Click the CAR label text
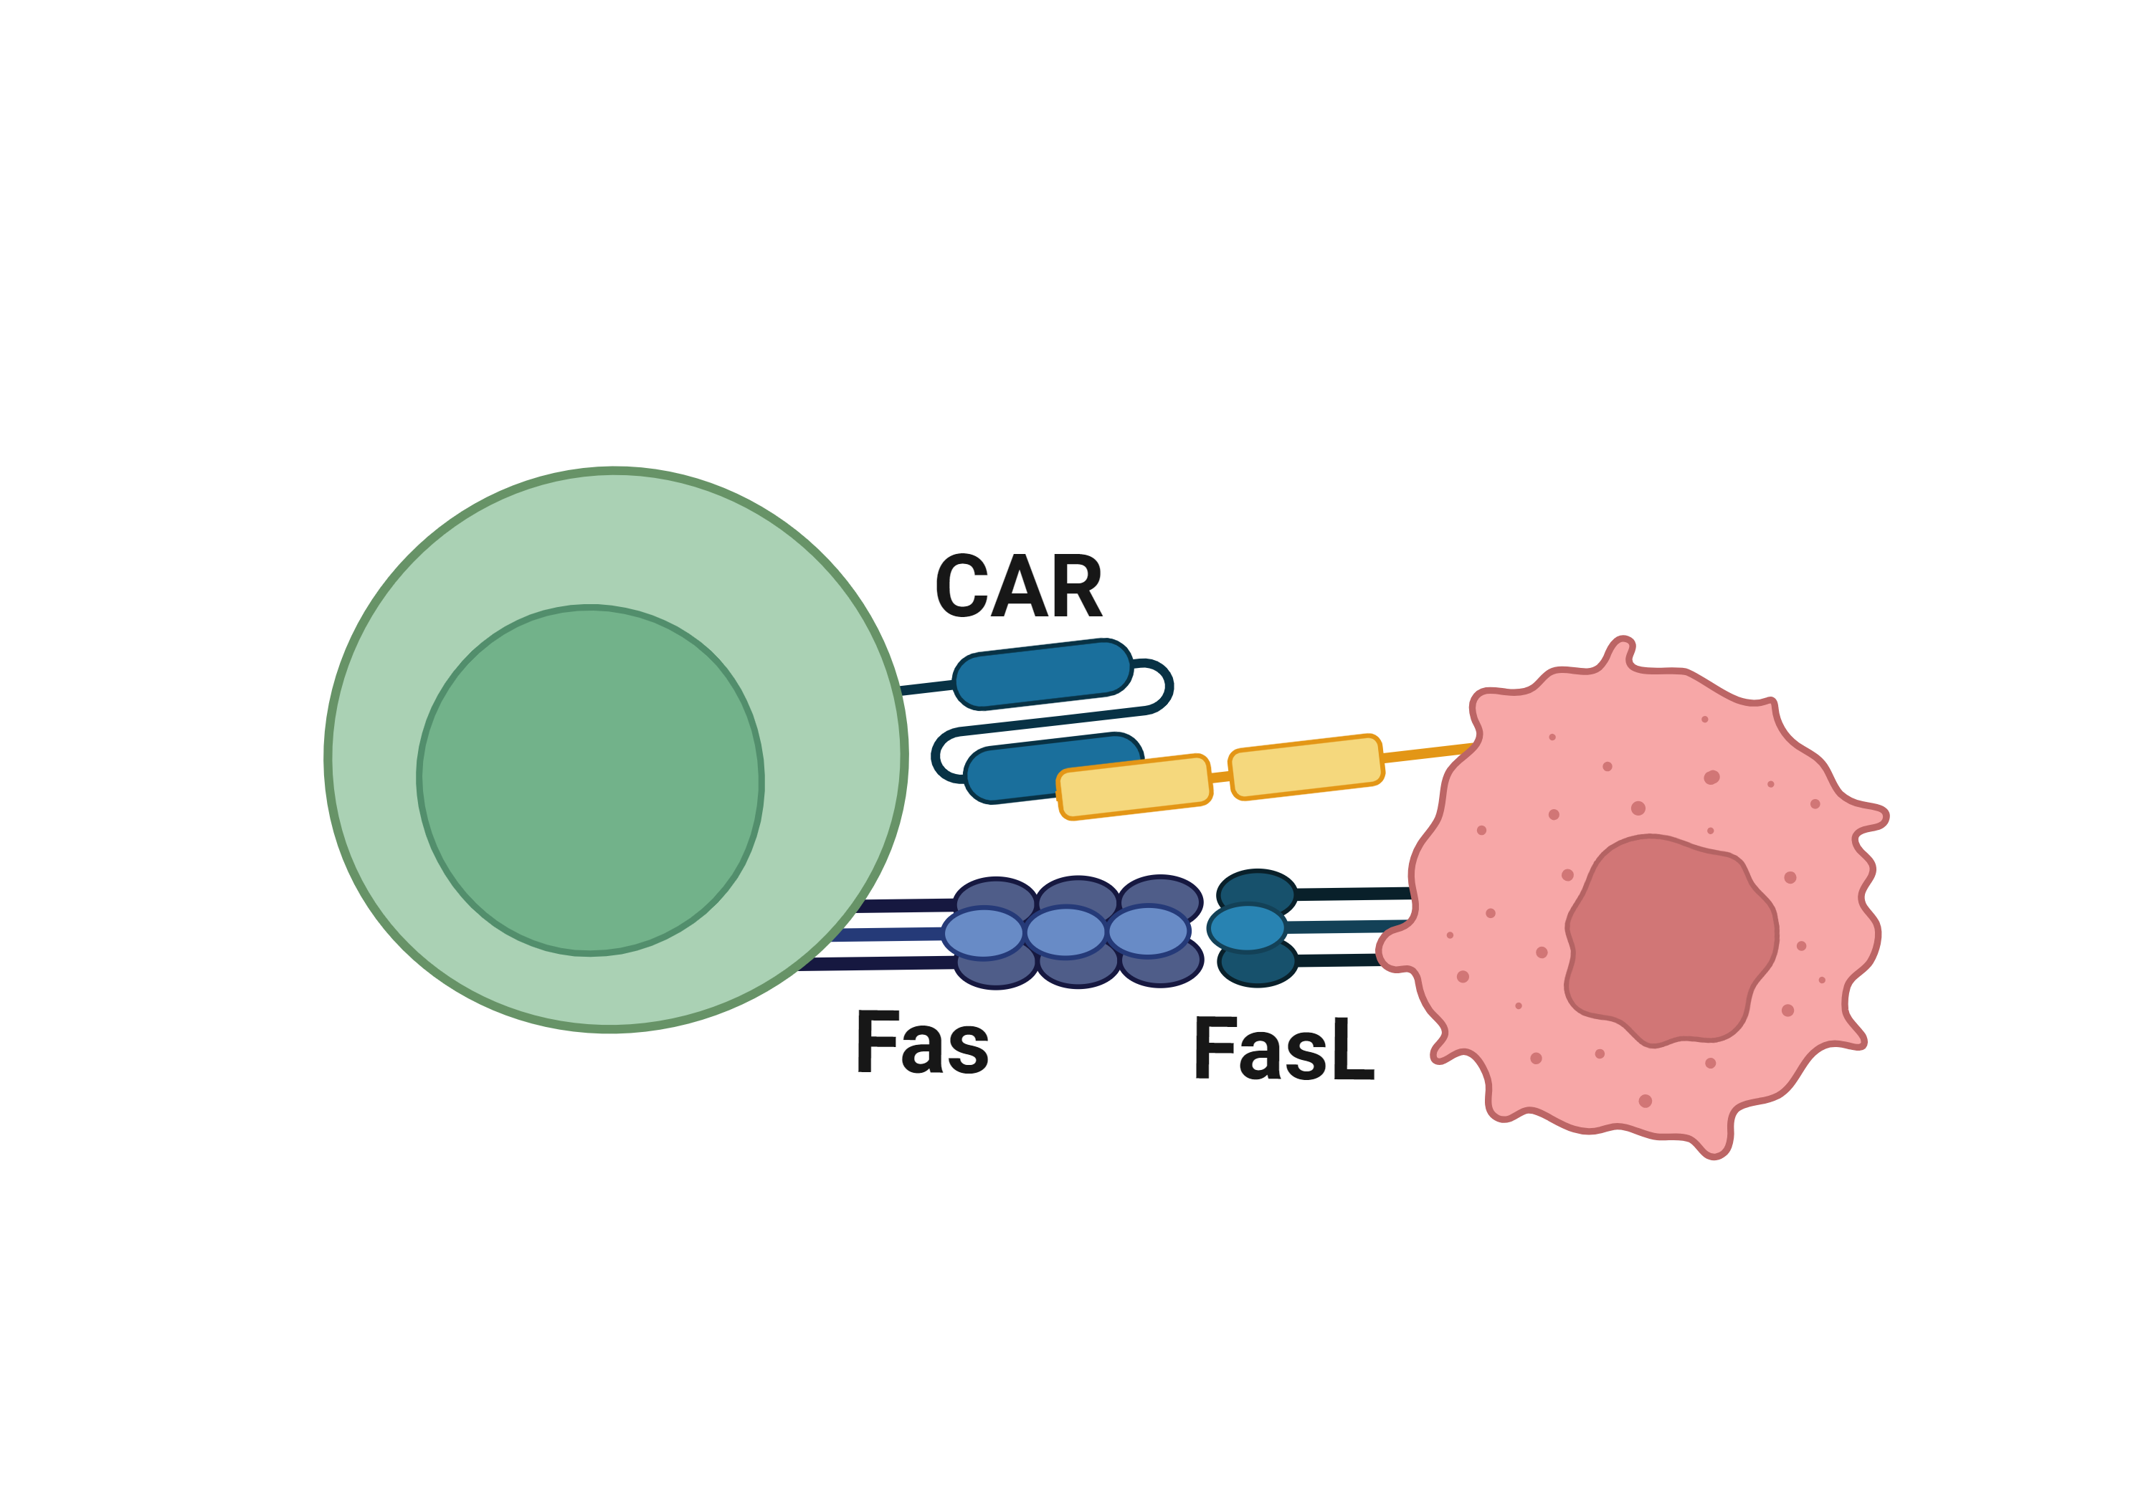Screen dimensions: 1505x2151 pyautogui.click(x=1020, y=587)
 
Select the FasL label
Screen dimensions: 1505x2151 pyautogui.click(x=1283, y=1050)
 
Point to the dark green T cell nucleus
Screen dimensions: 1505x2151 pyautogui.click(x=590, y=780)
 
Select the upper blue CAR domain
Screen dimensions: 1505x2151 pyautogui.click(x=1043, y=674)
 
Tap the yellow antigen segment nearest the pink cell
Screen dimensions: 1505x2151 pyautogui.click(x=1305, y=767)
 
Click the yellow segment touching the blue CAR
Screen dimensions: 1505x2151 pyautogui.click(x=1134, y=787)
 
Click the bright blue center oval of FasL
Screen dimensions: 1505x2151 pyautogui.click(x=1246, y=928)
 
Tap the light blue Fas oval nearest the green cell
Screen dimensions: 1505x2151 pyautogui.click(x=983, y=934)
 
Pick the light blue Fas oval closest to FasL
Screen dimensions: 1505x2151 pyautogui.click(x=1148, y=932)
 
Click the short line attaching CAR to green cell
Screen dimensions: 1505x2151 pyautogui.click(x=926, y=688)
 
